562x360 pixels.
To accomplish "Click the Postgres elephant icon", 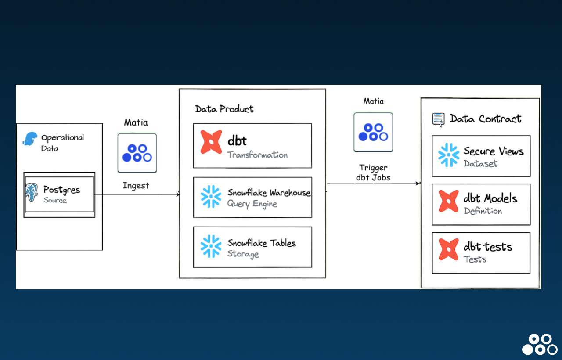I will click(32, 192).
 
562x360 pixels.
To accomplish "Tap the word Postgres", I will click(62, 190).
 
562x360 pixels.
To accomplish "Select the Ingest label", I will click(136, 186).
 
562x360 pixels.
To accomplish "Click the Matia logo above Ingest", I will click(137, 153).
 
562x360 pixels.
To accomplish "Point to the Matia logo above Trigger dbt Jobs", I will click(373, 132).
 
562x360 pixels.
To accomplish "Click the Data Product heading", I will click(224, 109).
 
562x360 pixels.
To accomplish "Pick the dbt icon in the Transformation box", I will click(211, 142).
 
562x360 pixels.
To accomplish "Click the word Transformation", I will click(257, 155).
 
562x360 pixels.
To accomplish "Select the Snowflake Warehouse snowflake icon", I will click(211, 196).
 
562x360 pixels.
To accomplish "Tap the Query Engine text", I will click(252, 204).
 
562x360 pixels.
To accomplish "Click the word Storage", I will click(243, 254).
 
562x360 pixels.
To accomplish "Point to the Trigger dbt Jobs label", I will click(373, 173).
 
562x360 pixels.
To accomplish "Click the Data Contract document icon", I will click(438, 119).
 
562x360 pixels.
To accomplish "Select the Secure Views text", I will click(494, 151).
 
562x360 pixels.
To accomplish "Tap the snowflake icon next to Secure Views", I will click(449, 155).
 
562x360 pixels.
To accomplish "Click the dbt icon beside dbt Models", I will click(449, 201).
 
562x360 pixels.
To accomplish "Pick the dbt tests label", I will click(488, 247).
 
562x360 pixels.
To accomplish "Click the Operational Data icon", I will click(30, 139).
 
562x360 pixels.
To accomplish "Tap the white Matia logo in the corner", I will click(540, 344).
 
